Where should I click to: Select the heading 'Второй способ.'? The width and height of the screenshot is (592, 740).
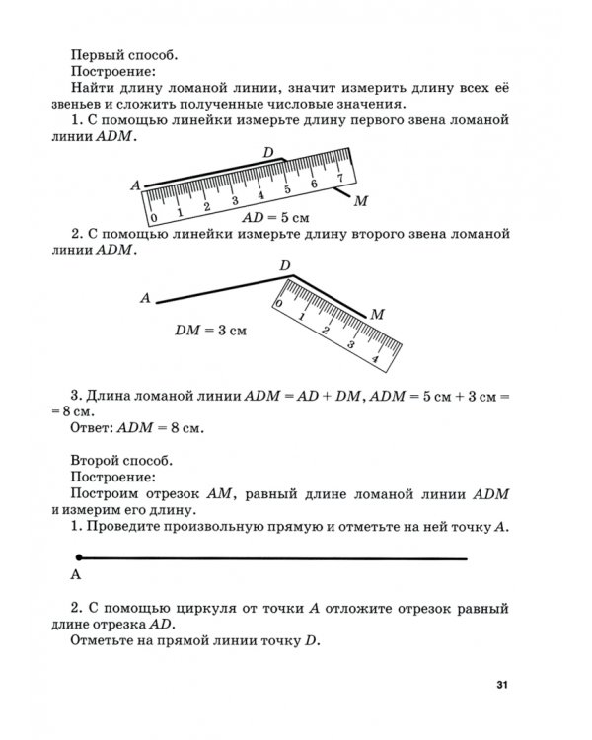120,459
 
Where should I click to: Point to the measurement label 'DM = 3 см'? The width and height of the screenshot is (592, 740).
210,332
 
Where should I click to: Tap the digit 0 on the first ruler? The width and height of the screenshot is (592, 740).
154,216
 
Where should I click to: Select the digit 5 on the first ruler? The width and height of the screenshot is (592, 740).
286,188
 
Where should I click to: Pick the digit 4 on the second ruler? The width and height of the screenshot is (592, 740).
349,345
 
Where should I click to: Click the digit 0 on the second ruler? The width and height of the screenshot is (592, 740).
279,305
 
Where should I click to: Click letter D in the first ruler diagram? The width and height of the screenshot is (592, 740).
268,151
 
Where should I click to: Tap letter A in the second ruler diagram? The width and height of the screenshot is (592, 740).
145,297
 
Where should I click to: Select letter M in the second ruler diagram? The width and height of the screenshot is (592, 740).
376,314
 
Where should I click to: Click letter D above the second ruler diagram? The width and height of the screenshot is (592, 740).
284,266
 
